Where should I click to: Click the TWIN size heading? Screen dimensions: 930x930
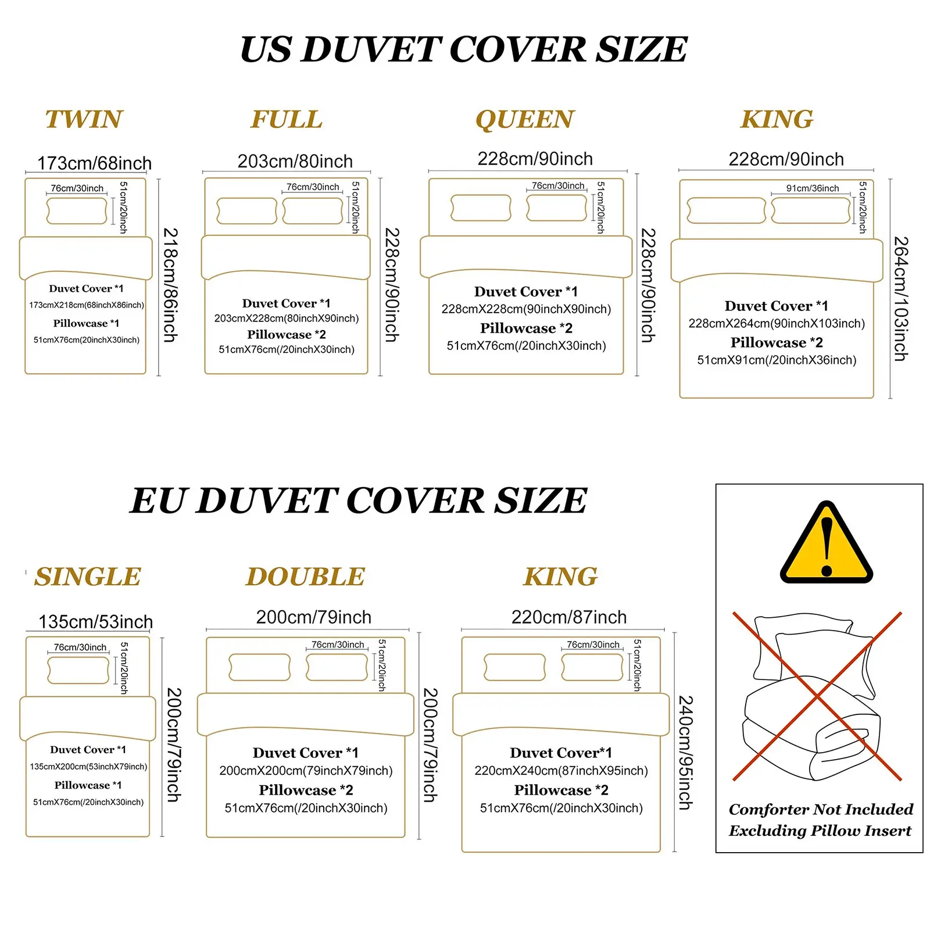pos(84,119)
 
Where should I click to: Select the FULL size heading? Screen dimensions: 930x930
pos(287,119)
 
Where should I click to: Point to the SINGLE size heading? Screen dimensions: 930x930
pos(88,577)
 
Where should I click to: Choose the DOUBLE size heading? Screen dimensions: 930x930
pos(306,577)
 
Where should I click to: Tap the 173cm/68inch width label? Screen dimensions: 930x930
pos(94,163)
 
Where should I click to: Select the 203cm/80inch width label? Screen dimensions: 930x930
pos(295,161)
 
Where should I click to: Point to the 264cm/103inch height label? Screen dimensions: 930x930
pos(900,298)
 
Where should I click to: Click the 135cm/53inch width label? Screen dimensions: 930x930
pos(96,622)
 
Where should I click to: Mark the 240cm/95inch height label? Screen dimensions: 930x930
pos(686,753)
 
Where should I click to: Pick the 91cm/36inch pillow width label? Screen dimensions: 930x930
pos(813,188)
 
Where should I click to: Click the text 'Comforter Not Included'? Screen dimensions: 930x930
pos(821,809)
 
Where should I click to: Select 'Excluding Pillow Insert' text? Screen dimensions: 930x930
pos(820,831)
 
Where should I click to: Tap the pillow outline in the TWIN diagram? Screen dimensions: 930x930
pos(77,210)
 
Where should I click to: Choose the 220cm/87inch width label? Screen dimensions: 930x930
pos(569,617)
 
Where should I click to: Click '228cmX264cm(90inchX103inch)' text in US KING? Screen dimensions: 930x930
pos(777,323)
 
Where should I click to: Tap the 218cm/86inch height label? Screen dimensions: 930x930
pos(171,285)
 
